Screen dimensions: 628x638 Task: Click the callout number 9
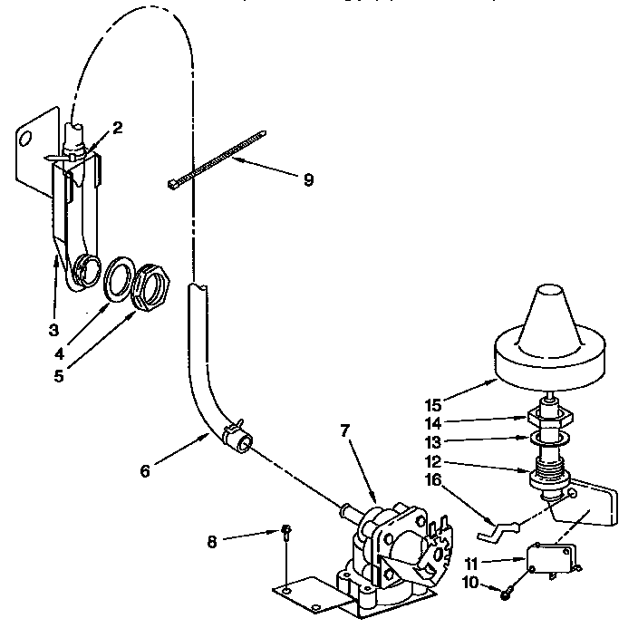[x=308, y=179]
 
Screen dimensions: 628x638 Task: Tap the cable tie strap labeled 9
[x=217, y=159]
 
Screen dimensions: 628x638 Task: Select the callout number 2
[x=117, y=127]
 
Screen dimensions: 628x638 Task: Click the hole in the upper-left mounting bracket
[x=27, y=139]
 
